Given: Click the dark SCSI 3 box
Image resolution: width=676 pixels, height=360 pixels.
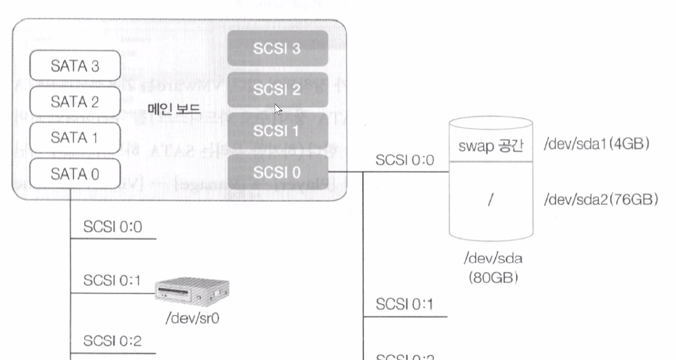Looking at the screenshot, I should click(277, 49).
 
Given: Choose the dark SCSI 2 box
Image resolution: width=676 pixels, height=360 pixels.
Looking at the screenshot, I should click(277, 90).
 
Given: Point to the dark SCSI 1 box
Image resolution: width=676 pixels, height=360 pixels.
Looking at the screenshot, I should click(277, 130).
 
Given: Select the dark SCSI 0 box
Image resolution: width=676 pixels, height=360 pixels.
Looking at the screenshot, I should click(277, 172).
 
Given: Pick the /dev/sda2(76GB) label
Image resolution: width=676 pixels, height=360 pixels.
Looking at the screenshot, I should click(601, 200).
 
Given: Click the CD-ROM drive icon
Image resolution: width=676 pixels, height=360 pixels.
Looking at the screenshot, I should click(194, 292).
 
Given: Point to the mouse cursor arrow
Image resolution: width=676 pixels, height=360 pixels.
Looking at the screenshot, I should click(279, 109).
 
